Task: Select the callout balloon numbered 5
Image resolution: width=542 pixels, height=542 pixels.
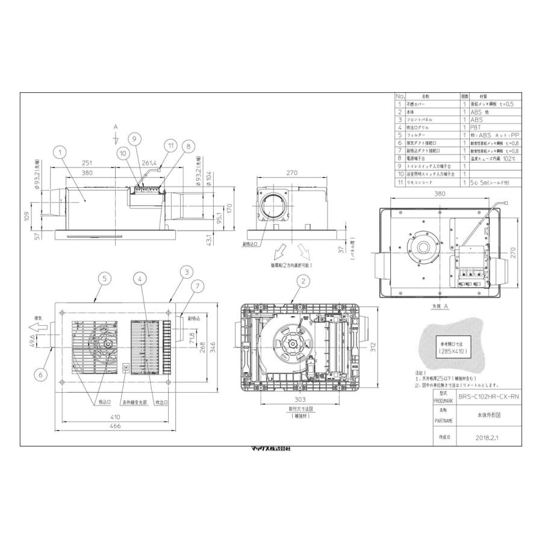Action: (x=105, y=278)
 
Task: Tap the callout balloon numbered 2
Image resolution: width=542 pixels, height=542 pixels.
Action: (x=304, y=280)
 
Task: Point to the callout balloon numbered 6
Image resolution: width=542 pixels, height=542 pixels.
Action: (x=40, y=374)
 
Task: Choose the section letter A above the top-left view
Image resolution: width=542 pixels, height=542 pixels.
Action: (x=115, y=127)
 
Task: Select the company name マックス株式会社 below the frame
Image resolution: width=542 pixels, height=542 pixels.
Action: (x=270, y=449)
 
